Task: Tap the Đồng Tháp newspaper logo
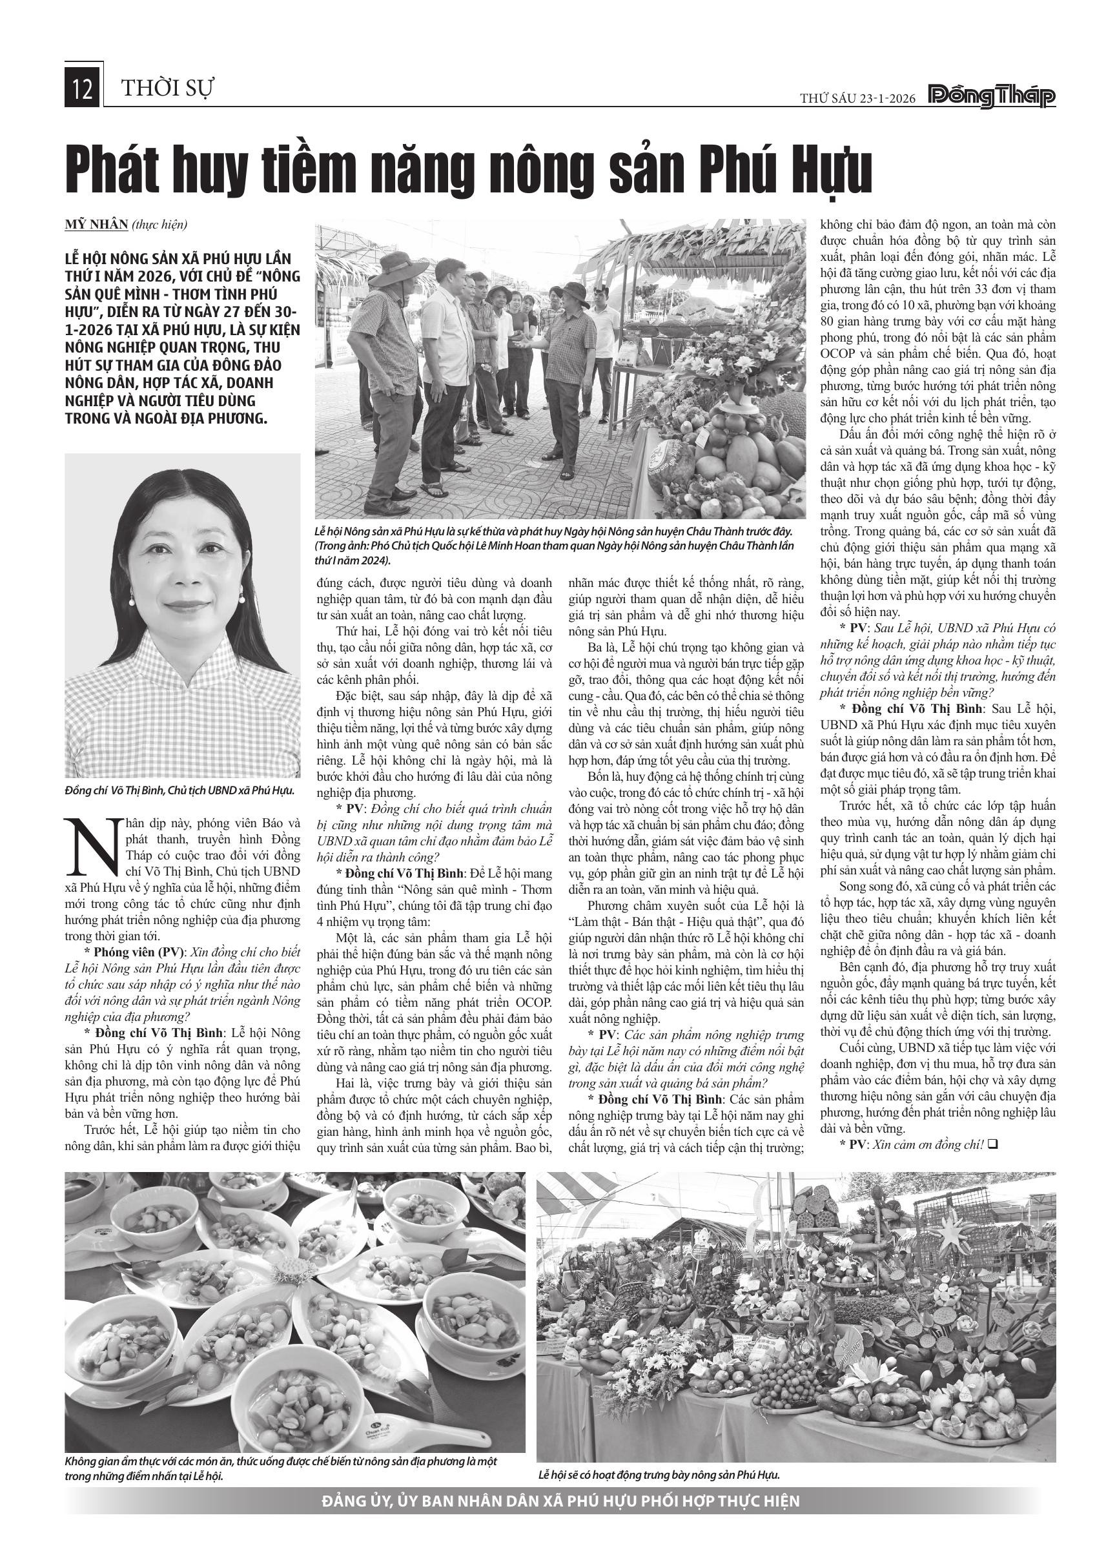click(x=992, y=98)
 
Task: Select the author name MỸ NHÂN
click(x=96, y=224)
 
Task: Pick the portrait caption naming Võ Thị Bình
click(x=179, y=790)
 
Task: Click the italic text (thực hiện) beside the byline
click(x=159, y=224)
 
